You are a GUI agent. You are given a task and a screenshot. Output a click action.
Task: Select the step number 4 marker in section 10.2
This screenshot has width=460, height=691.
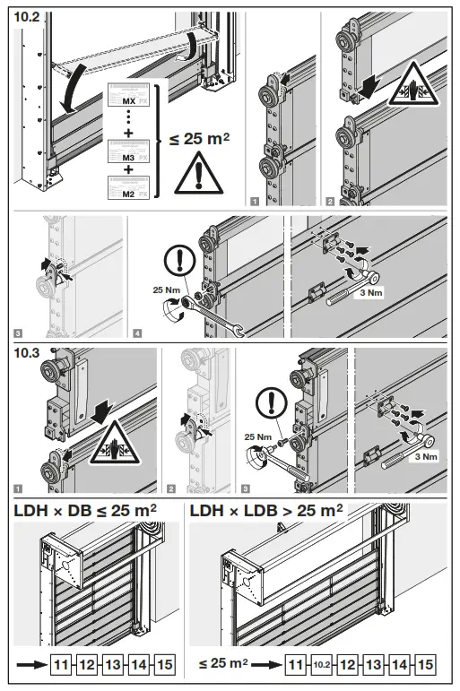pyautogui.click(x=135, y=334)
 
